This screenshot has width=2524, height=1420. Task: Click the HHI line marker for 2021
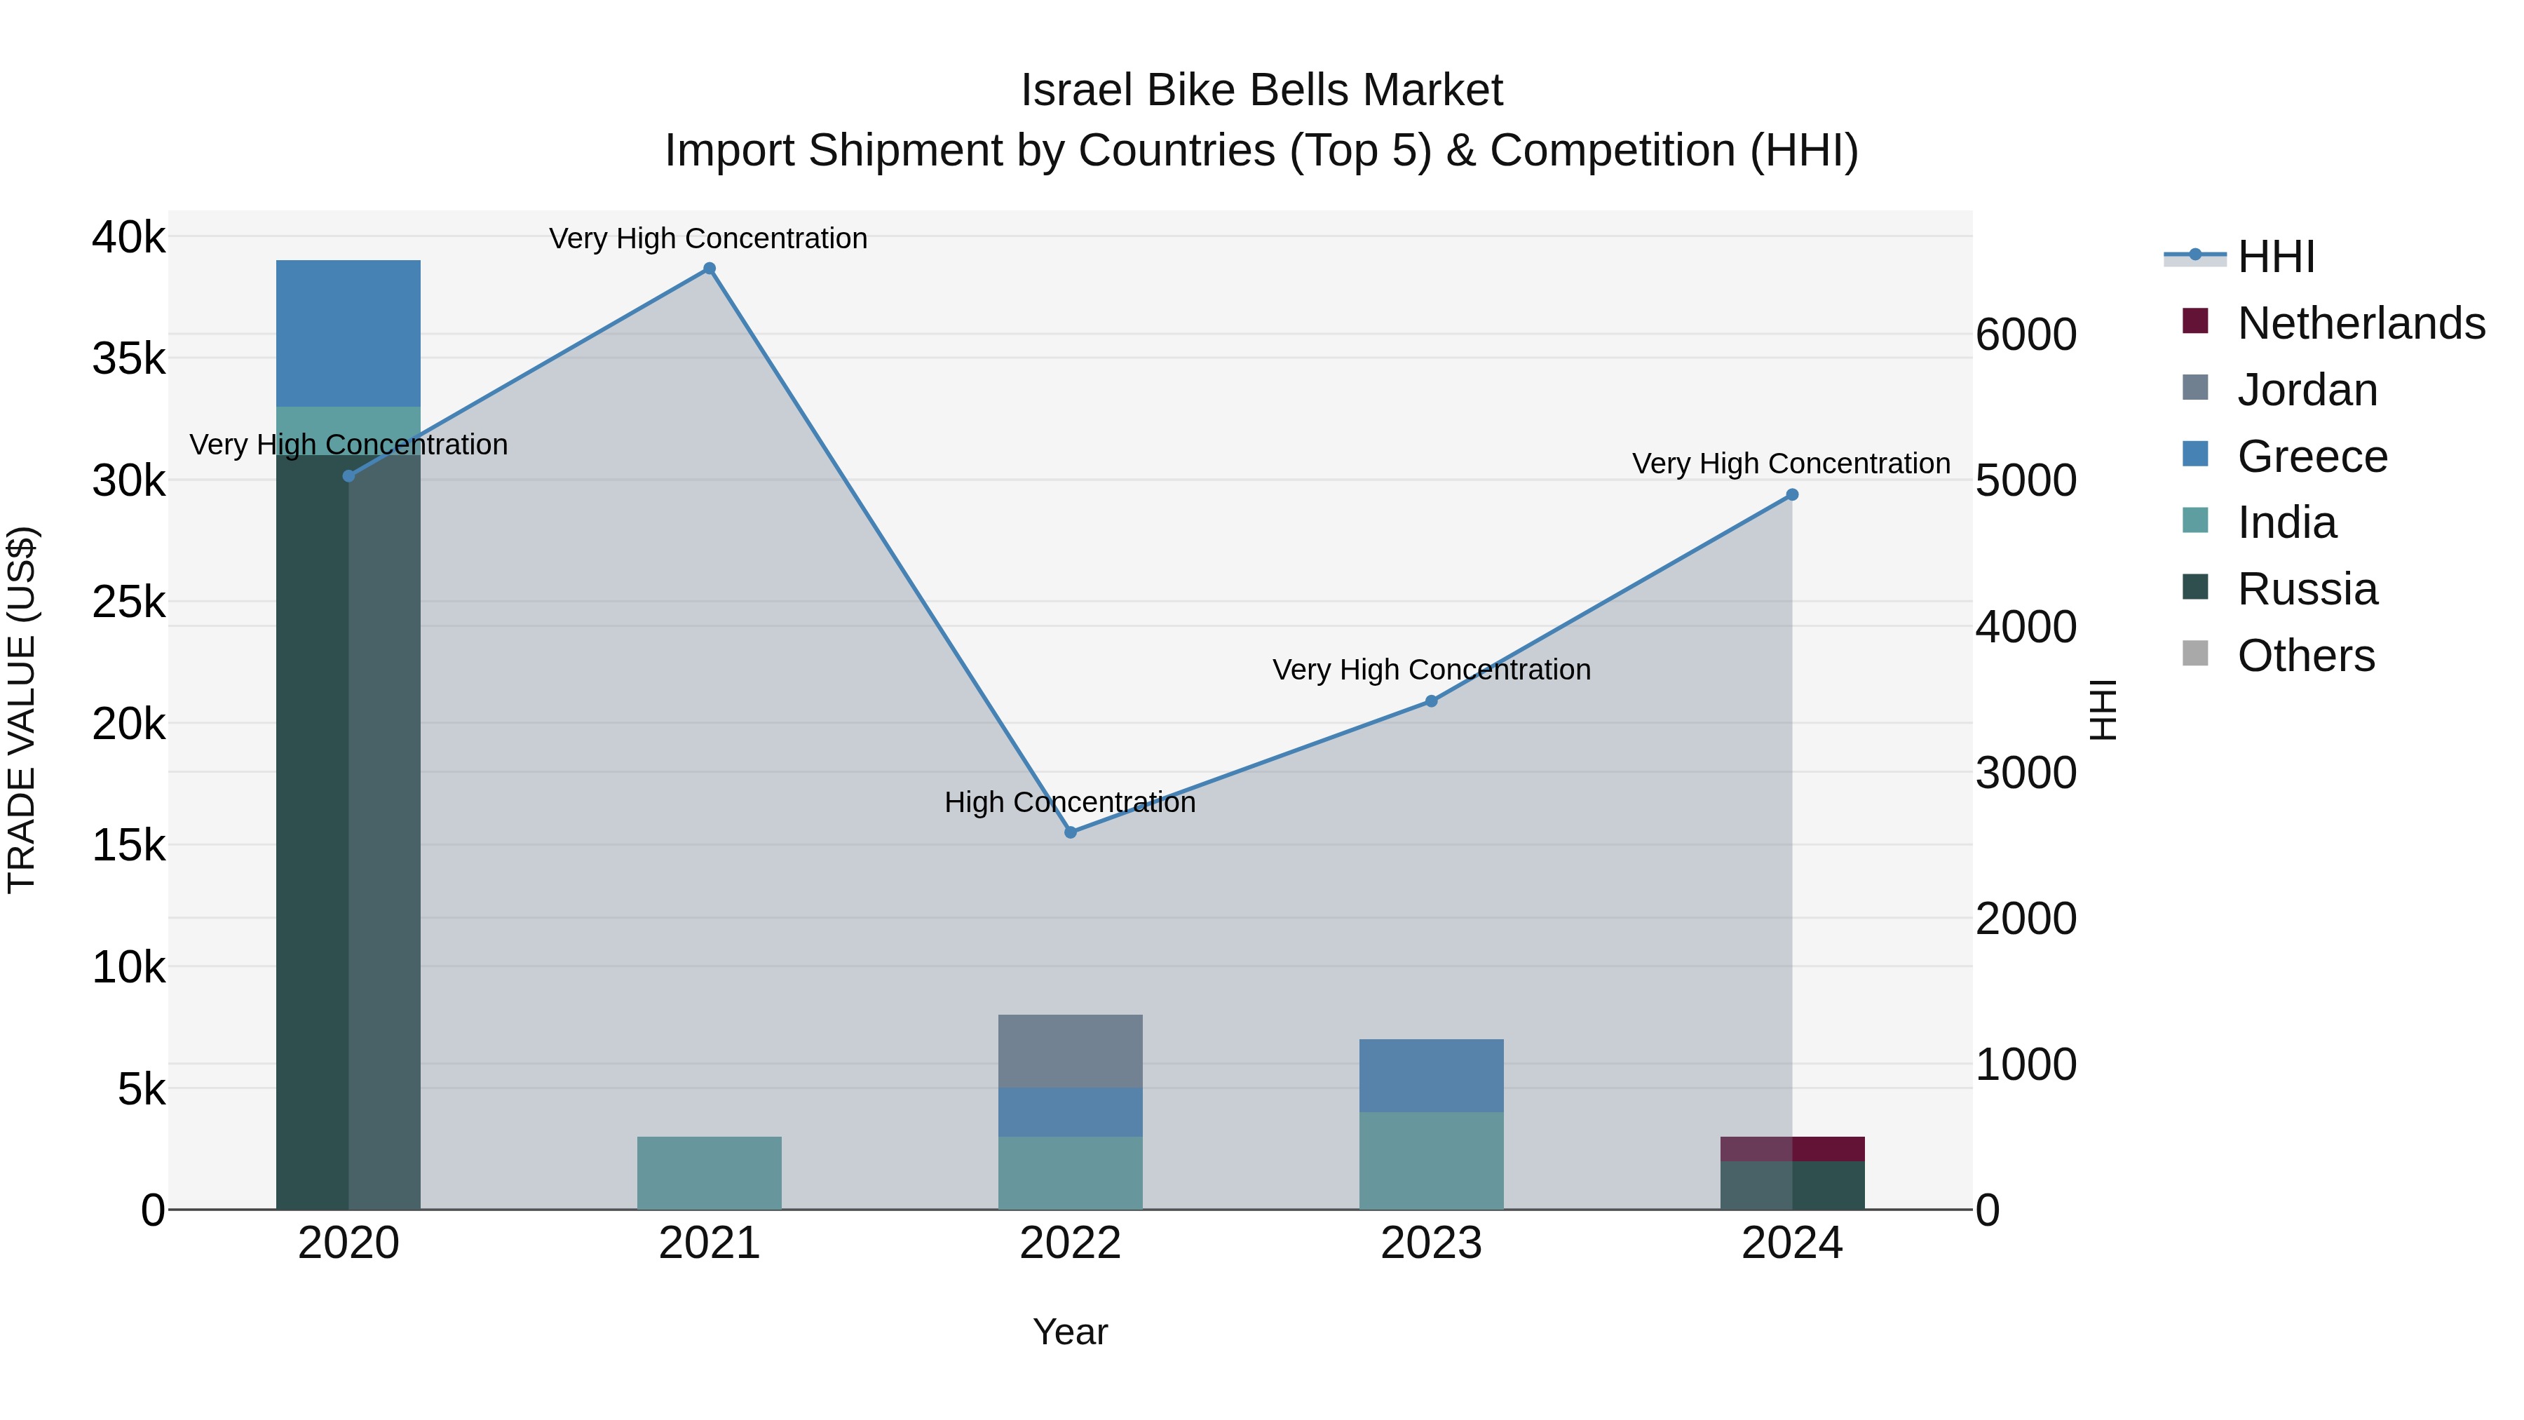pos(710,269)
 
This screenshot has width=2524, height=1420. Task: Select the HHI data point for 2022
pos(1070,832)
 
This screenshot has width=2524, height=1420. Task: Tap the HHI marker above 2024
pos(1792,495)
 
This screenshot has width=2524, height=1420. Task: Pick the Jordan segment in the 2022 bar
pos(1070,1050)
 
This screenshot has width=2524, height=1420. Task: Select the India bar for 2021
pos(710,1173)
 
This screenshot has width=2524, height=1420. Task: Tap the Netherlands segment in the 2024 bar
pos(1792,1149)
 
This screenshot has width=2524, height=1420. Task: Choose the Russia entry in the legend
pos(2307,589)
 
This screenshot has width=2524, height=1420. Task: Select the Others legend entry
pos(2305,656)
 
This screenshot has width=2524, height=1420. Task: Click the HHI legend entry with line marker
pos(2275,257)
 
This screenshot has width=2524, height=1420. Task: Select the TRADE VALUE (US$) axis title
pos(22,710)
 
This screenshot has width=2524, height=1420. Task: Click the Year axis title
pos(1070,1332)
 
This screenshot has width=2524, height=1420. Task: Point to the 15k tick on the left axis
pos(128,845)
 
